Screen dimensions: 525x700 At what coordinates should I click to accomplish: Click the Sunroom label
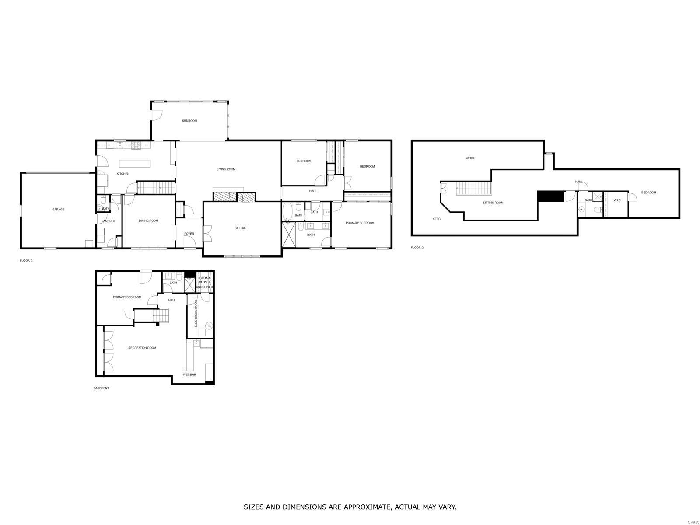click(189, 121)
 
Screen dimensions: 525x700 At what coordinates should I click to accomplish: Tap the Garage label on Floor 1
click(58, 210)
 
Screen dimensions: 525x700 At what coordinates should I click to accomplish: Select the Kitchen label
click(123, 174)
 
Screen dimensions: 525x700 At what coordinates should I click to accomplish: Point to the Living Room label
click(226, 169)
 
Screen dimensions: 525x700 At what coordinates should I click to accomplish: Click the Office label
click(241, 228)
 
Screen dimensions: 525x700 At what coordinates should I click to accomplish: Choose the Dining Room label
click(148, 221)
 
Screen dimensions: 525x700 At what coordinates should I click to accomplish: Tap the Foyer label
click(189, 234)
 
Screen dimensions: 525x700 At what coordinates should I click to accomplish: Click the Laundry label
click(108, 221)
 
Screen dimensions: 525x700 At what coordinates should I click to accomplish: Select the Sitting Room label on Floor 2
click(493, 203)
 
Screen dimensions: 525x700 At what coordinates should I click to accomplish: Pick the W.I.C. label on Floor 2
click(617, 200)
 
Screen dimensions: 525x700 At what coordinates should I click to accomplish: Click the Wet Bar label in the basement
click(189, 375)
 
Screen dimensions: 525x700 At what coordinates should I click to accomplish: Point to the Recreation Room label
click(142, 348)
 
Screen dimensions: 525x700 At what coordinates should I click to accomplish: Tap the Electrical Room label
click(196, 313)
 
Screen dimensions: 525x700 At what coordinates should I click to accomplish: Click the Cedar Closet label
click(205, 280)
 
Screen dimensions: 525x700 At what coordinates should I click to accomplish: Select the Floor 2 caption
click(417, 248)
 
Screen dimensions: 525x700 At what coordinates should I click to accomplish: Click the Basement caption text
click(101, 388)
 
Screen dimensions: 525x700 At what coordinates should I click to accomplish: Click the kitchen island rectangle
click(135, 163)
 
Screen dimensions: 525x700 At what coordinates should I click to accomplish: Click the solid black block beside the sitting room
click(550, 196)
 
